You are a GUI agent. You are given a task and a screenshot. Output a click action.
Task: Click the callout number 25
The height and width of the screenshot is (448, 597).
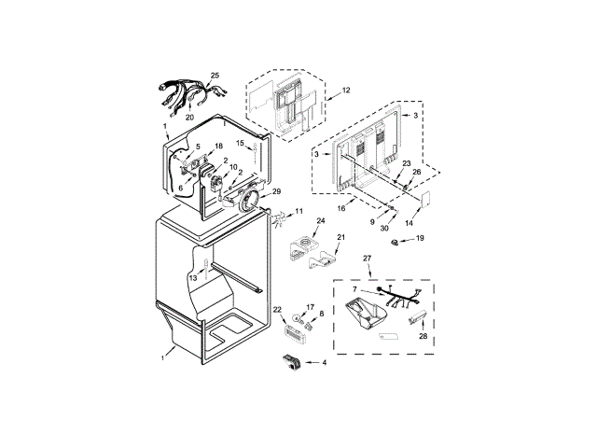click(215, 75)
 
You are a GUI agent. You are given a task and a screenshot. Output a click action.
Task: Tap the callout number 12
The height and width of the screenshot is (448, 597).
click(345, 91)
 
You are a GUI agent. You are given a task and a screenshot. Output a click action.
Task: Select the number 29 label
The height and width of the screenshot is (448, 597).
click(276, 191)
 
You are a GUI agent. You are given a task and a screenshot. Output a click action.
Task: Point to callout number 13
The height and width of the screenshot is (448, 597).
click(194, 277)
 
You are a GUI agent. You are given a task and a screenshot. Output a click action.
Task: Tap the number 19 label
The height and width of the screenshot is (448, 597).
click(420, 239)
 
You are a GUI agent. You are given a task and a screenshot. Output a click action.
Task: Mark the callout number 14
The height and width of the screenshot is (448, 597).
click(407, 224)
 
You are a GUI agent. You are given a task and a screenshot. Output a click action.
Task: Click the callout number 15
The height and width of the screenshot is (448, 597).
click(239, 143)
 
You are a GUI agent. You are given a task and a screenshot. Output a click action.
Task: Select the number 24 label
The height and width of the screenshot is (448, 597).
click(321, 222)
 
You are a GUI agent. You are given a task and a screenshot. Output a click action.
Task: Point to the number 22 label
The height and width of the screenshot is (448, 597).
click(277, 309)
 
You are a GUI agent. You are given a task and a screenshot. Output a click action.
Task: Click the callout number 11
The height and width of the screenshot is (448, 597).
click(298, 211)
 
